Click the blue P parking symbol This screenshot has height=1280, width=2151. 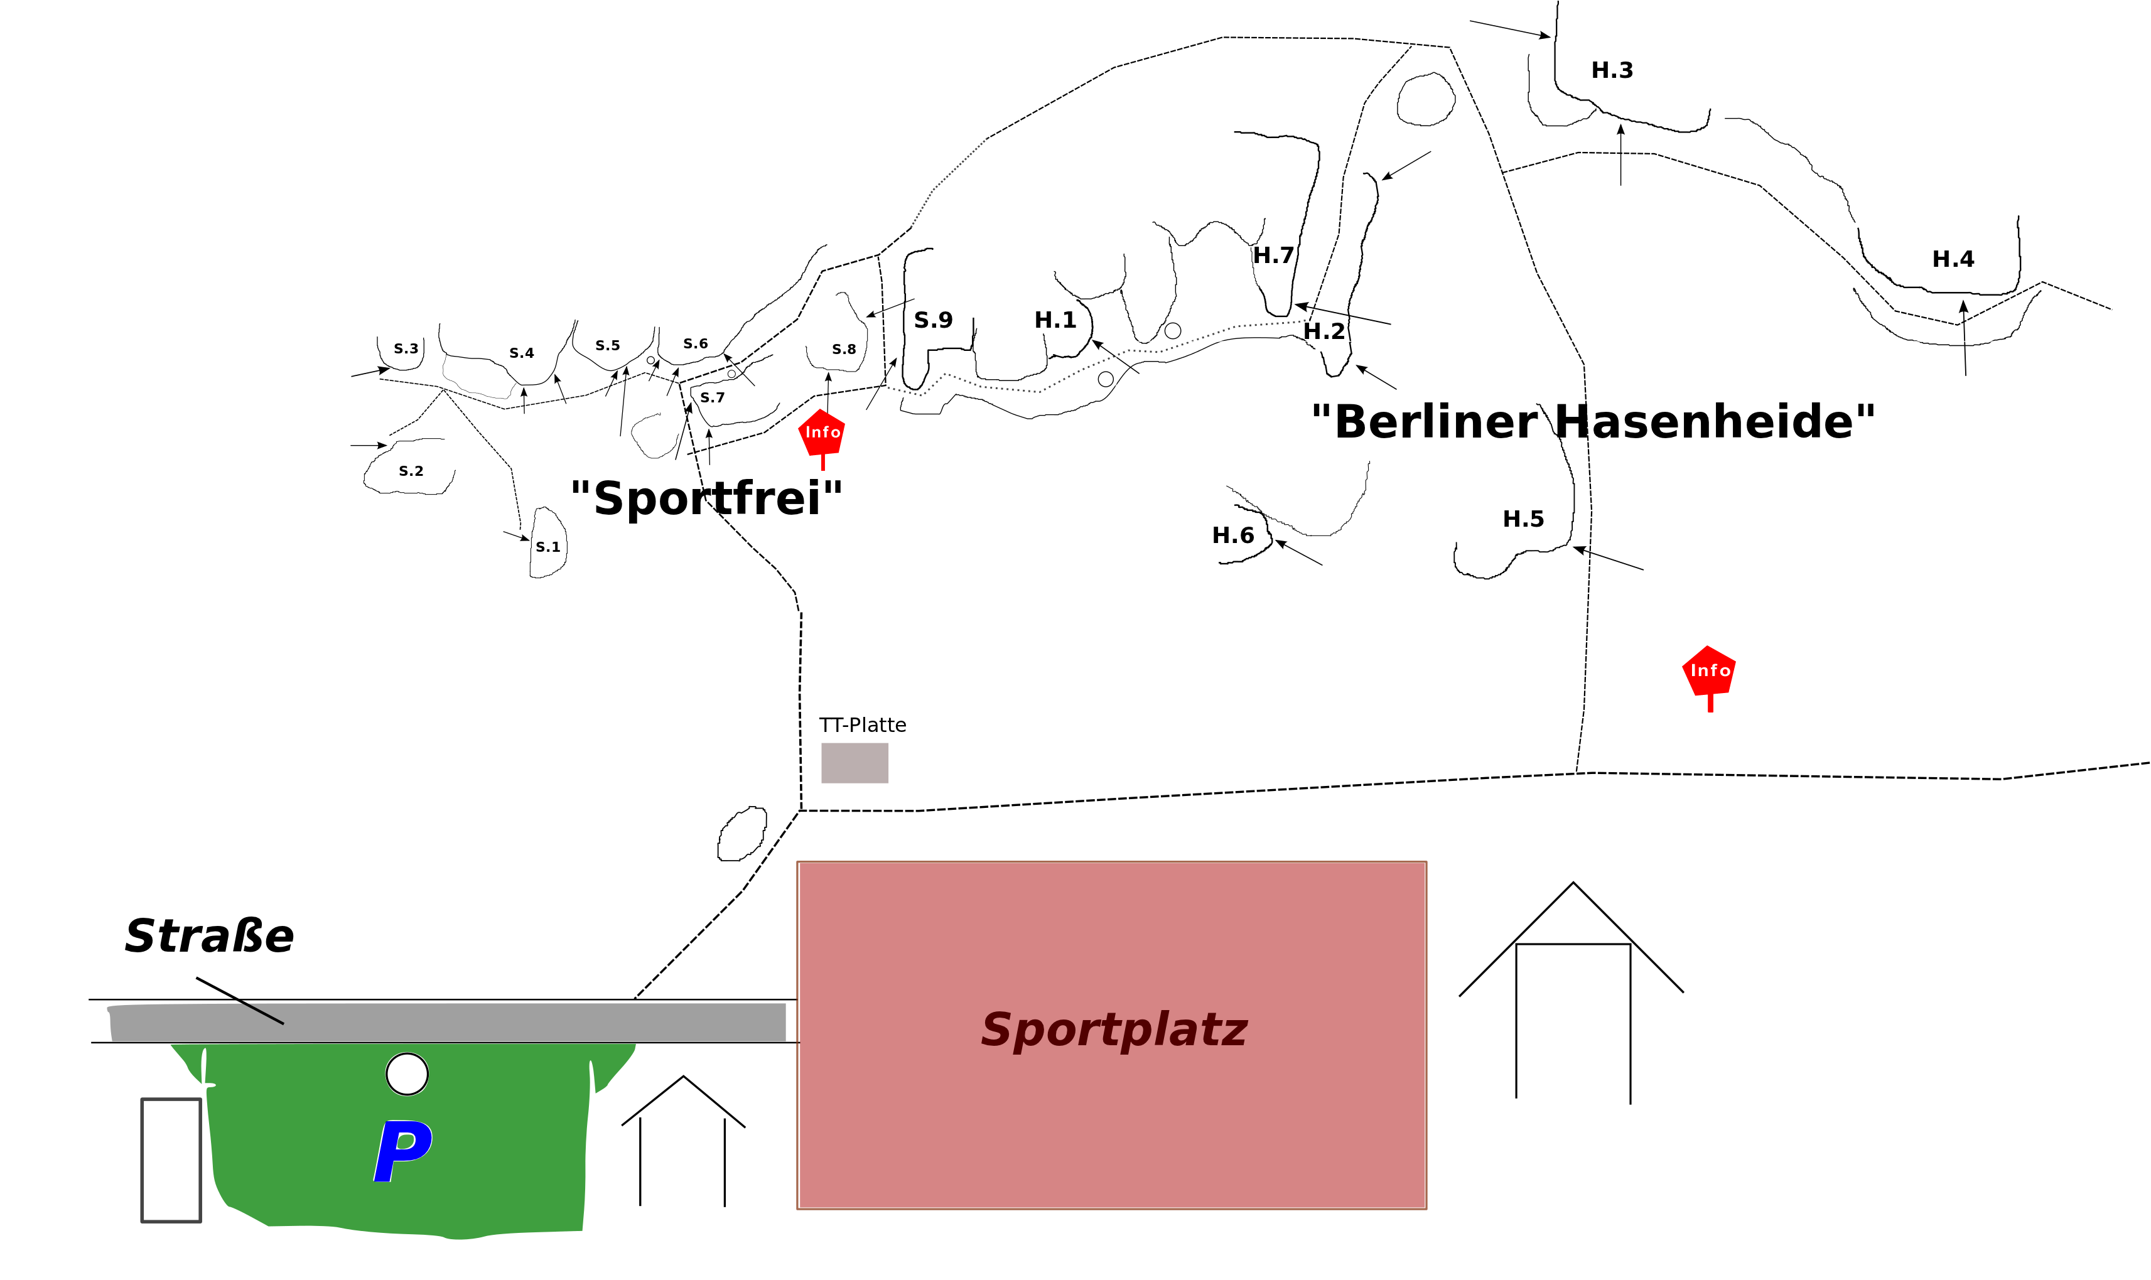[403, 1151]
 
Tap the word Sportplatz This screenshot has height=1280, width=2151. [1113, 1030]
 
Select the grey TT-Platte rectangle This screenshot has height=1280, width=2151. [854, 763]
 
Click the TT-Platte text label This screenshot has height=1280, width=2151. [863, 724]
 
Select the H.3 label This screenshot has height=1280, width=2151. [1611, 70]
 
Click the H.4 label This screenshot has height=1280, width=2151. [1953, 259]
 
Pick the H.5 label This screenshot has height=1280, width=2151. [1523, 519]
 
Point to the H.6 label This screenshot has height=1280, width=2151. [1232, 535]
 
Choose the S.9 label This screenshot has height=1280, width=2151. [933, 320]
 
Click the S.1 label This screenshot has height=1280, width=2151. [547, 547]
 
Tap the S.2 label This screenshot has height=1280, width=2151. [411, 471]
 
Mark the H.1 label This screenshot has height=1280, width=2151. [1055, 320]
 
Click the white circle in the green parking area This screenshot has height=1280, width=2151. [407, 1074]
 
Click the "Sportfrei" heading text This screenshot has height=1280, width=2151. [706, 498]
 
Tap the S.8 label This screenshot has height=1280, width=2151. [843, 349]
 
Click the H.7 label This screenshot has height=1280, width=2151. [1273, 255]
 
